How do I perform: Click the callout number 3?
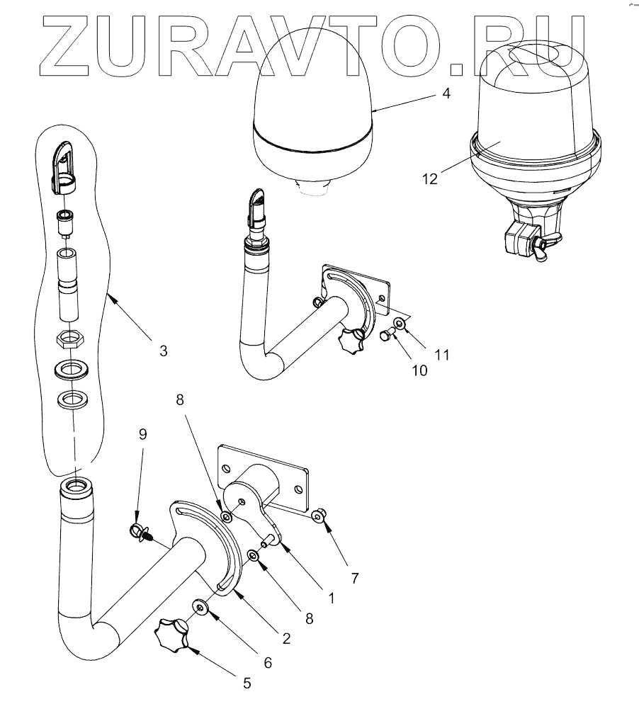[163, 350]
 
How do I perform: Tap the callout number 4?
[446, 93]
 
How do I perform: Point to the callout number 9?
[143, 434]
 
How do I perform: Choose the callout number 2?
[286, 638]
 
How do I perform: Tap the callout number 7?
[354, 578]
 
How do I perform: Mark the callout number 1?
[331, 596]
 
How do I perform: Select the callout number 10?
[420, 370]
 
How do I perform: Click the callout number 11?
[442, 353]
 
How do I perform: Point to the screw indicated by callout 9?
[139, 532]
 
